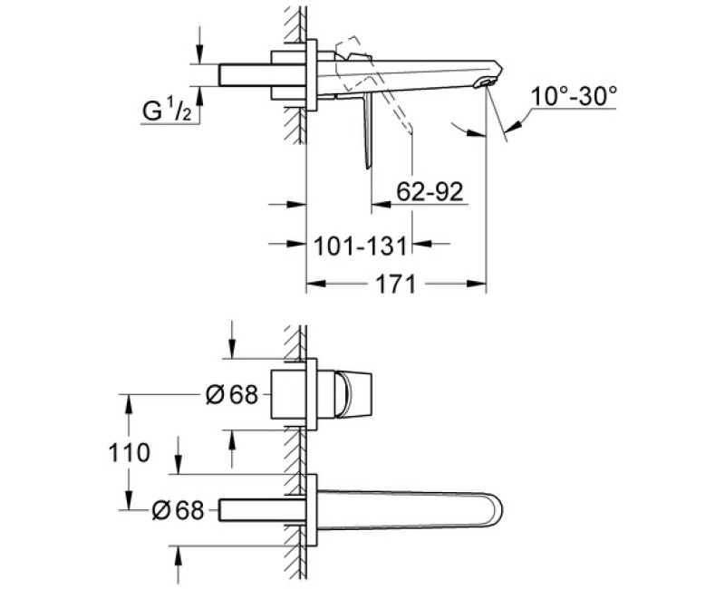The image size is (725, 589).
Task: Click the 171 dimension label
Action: pos(395,284)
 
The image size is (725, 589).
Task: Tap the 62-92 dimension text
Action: pos(430,191)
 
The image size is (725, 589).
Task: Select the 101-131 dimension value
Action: pos(360,246)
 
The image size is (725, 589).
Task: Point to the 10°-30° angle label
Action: pos(574,97)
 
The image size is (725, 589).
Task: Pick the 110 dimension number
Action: pos(129,452)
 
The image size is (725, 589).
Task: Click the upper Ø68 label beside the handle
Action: pos(232,395)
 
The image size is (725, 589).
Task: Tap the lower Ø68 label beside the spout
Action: pos(178,510)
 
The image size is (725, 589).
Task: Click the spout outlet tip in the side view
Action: pos(487,82)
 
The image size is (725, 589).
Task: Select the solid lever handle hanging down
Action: pos(368,131)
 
